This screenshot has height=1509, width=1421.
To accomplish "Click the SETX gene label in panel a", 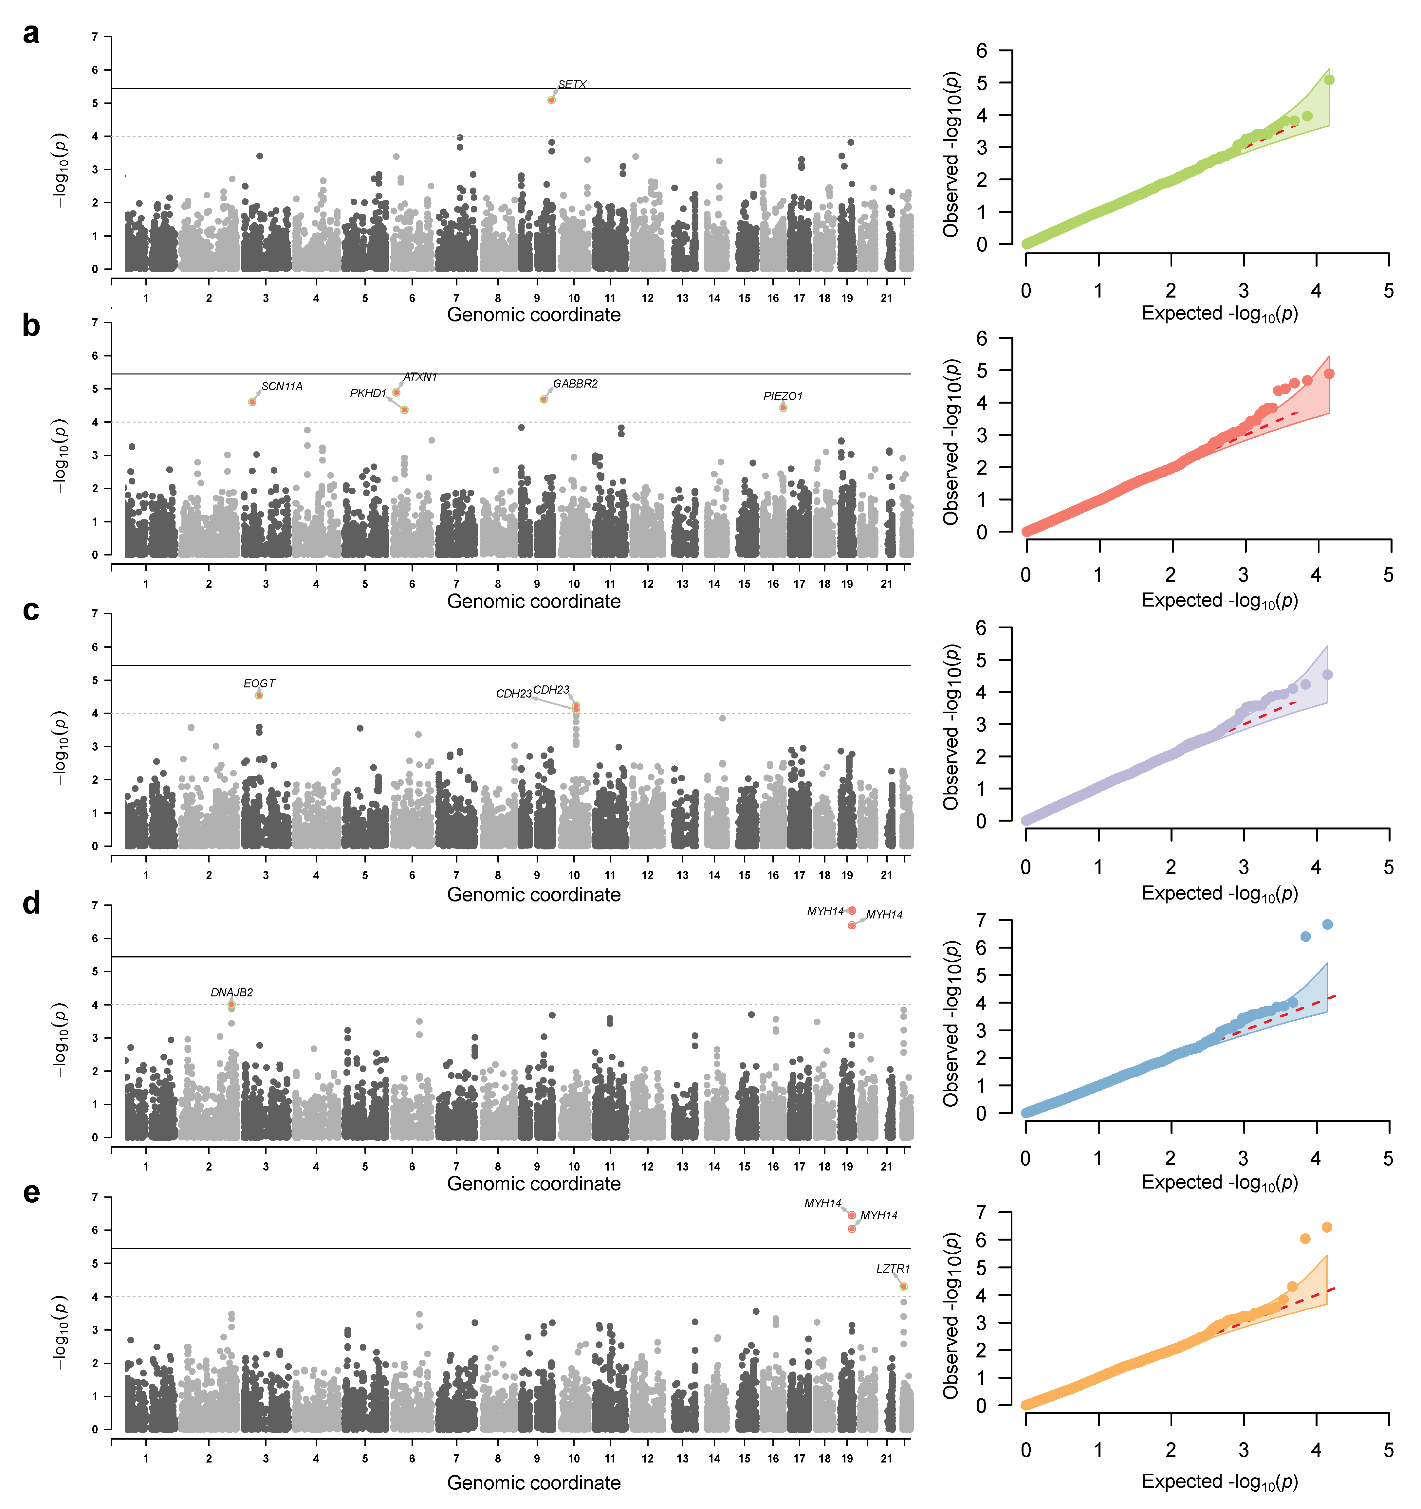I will click(572, 84).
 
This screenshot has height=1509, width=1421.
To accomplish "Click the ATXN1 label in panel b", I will click(420, 377).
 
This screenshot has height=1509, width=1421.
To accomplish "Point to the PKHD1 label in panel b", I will click(368, 393).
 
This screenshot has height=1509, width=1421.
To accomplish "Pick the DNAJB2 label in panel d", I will click(231, 993).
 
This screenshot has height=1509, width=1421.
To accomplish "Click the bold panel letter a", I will click(31, 34).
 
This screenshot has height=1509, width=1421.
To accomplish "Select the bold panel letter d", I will click(31, 904).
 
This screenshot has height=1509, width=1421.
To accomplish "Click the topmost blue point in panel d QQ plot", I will click(1328, 924).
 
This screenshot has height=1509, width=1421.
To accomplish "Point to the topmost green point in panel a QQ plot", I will click(1329, 80).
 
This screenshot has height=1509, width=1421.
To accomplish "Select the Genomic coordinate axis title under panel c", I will click(534, 895).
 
